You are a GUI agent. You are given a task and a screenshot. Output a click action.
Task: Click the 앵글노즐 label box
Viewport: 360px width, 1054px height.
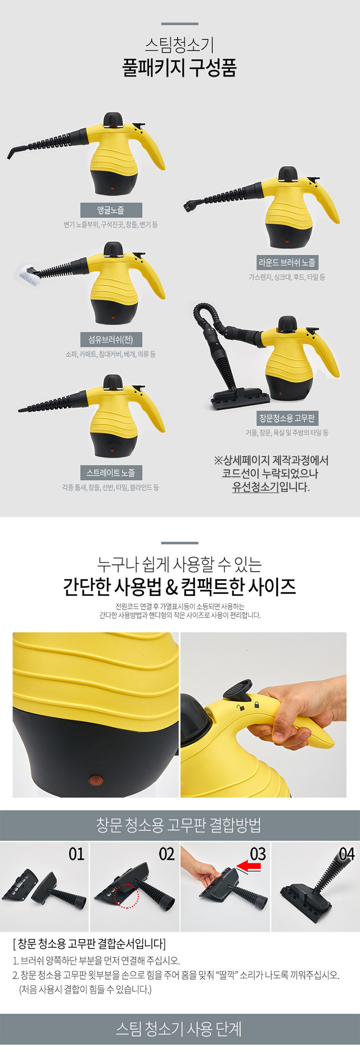pos(111,210)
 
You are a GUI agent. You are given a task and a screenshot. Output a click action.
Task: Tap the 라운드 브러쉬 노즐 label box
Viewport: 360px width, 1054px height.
pos(287,263)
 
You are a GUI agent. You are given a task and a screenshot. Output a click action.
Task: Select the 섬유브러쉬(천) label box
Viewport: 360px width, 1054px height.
pos(111,340)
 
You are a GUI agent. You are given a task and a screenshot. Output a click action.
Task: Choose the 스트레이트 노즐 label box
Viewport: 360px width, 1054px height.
pos(111,473)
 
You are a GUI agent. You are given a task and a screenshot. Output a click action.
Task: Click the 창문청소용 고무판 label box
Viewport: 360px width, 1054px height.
pos(287,418)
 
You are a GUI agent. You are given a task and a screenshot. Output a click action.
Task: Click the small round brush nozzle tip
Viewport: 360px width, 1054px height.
pos(190,205)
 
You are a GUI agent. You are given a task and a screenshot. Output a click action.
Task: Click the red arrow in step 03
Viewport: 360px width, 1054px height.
pos(248,867)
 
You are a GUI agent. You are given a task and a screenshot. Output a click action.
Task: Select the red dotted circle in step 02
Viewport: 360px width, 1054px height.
pos(126,896)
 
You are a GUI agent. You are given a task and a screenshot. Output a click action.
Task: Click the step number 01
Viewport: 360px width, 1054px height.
pos(76,854)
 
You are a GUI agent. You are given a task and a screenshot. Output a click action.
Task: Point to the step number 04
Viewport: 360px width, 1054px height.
pos(347,854)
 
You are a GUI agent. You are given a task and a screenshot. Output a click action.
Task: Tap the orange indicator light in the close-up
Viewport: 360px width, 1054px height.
pos(95,781)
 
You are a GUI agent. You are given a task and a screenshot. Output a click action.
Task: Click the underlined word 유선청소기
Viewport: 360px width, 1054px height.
pos(255,487)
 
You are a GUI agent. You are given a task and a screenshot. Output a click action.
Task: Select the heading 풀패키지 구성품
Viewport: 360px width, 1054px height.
pos(180,68)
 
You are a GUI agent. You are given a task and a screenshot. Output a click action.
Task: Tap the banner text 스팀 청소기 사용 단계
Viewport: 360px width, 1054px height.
pos(179,1029)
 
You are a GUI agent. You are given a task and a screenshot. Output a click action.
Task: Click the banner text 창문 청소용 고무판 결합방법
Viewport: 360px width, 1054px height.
pos(179,825)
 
